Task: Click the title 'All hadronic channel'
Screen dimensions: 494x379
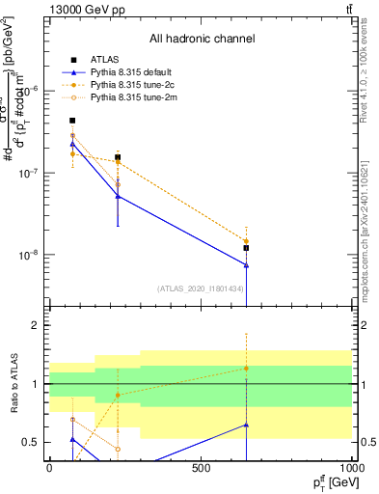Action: pyautogui.click(x=202, y=40)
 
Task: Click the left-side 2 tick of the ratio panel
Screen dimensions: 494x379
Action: pyautogui.click(x=35, y=326)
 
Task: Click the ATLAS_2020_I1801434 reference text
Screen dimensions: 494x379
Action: pyautogui.click(x=201, y=288)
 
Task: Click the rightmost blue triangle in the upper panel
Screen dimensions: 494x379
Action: pyautogui.click(x=246, y=264)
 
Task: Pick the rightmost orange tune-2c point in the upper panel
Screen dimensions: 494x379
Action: pyautogui.click(x=246, y=241)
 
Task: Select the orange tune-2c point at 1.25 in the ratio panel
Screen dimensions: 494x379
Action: pyautogui.click(x=246, y=368)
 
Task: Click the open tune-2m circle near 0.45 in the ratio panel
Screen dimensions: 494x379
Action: pyautogui.click(x=118, y=449)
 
